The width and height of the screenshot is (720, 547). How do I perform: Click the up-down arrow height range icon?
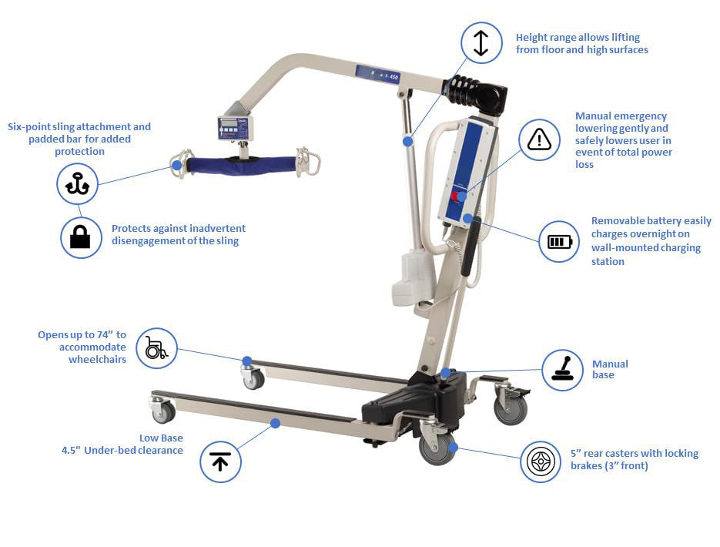click(x=481, y=42)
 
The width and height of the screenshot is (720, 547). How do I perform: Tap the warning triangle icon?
click(x=539, y=139)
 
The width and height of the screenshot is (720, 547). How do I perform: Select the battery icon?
click(x=559, y=242)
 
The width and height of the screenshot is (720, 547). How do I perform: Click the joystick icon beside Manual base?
click(x=562, y=370)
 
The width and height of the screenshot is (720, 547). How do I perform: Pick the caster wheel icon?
click(x=541, y=462)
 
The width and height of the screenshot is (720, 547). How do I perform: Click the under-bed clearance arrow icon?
click(x=220, y=461)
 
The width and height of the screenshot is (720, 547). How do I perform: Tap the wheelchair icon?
click(x=156, y=348)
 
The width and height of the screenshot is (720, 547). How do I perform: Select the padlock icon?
click(x=81, y=237)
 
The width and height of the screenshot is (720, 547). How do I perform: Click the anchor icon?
click(x=78, y=183)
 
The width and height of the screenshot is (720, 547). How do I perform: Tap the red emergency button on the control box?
click(x=455, y=196)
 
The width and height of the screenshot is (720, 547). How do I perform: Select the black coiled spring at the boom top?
click(x=465, y=91)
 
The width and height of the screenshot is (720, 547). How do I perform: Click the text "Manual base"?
click(x=609, y=369)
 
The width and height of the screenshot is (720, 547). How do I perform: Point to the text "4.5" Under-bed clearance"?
click(x=122, y=450)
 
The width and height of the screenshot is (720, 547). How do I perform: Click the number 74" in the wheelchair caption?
click(x=105, y=335)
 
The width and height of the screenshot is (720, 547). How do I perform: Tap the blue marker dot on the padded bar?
click(x=177, y=165)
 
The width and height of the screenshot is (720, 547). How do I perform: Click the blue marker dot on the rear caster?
click(x=454, y=447)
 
